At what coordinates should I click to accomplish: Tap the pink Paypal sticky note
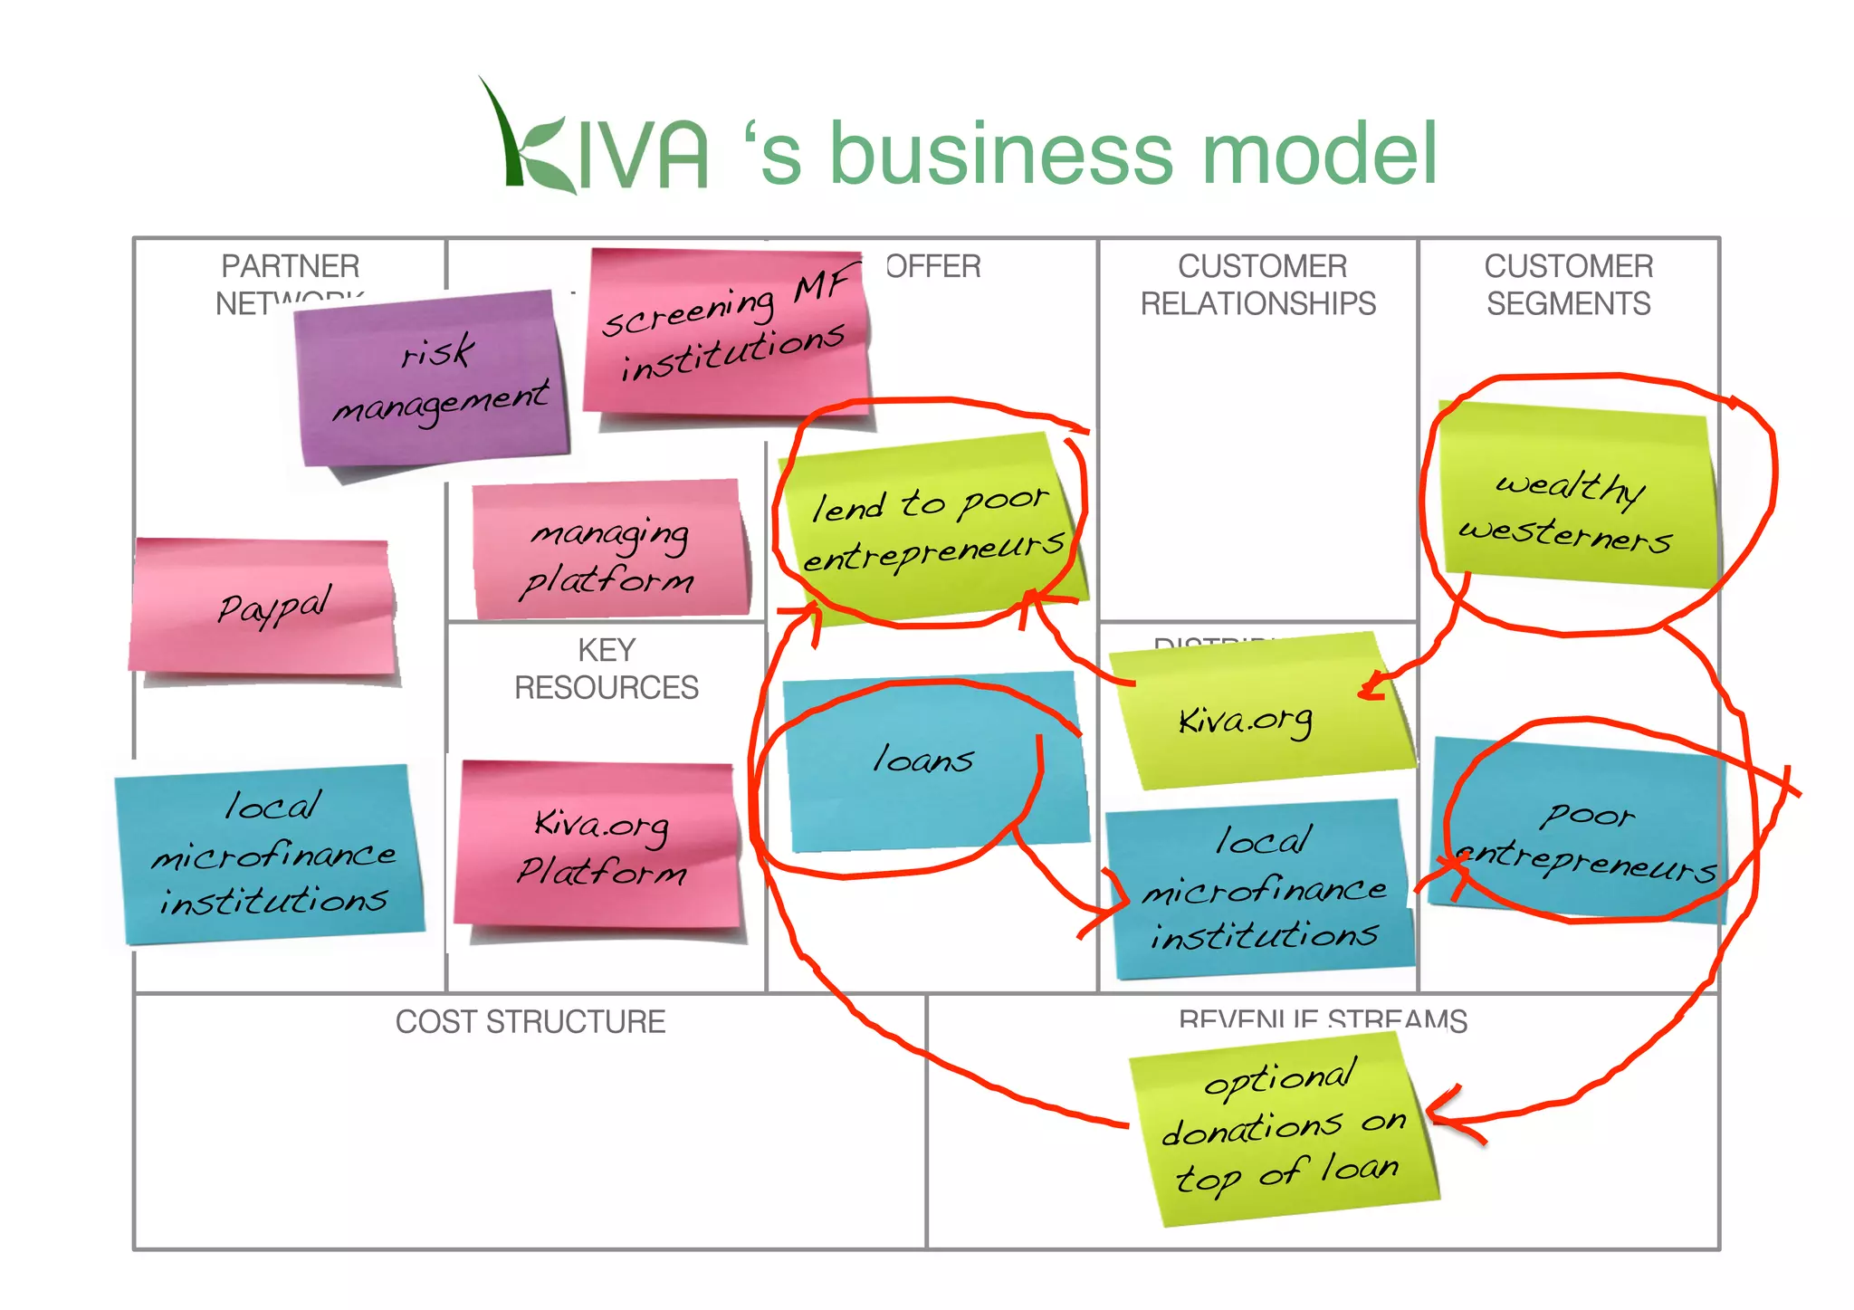pyautogui.click(x=263, y=607)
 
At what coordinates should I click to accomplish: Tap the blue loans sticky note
pyautogui.click(x=932, y=760)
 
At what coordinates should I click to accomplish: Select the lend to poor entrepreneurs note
pyautogui.click(x=932, y=530)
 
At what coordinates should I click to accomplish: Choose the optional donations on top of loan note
pyautogui.click(x=1285, y=1127)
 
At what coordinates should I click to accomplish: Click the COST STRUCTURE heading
pyautogui.click(x=530, y=1022)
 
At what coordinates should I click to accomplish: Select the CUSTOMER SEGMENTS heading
pyautogui.click(x=1569, y=284)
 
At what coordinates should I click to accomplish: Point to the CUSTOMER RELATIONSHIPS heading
pyautogui.click(x=1258, y=284)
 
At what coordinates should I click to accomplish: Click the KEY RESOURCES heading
pyautogui.click(x=607, y=669)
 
